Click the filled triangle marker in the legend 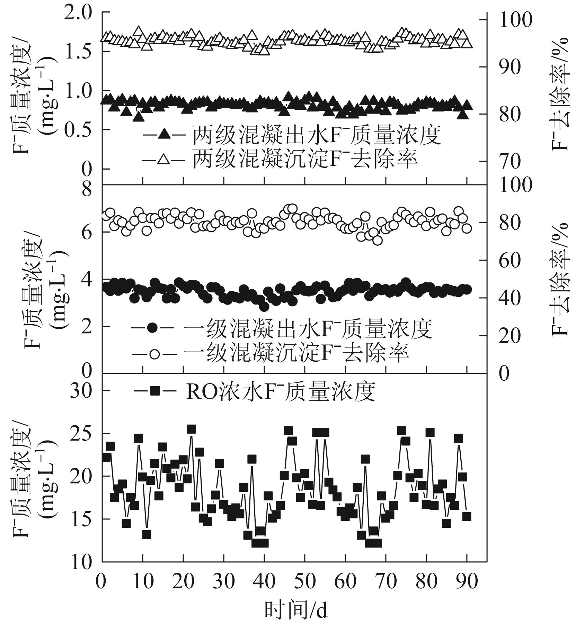[x=163, y=134]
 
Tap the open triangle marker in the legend [x=163, y=159]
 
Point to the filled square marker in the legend [x=154, y=391]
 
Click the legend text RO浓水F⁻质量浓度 [x=281, y=391]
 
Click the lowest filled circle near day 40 [x=264, y=307]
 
